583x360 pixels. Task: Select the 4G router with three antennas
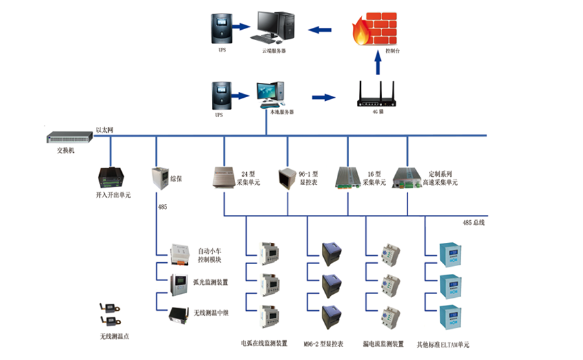[x=377, y=95]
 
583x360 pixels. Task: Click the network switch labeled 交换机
[x=67, y=137]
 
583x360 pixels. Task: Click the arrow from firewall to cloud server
[x=321, y=29]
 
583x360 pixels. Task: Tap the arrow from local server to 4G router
[x=324, y=98]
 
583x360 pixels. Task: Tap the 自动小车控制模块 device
[x=179, y=254]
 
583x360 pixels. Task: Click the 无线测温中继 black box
[x=179, y=314]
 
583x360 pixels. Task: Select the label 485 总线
[x=474, y=222]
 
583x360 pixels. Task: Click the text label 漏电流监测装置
[x=385, y=344]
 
